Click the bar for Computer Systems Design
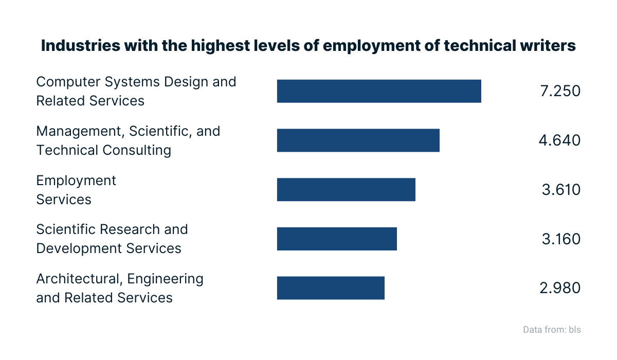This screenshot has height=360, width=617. pos(379,91)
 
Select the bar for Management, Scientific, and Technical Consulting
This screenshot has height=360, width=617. pos(358,140)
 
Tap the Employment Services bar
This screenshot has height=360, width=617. pos(346,190)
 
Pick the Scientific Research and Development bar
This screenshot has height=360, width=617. pos(337,239)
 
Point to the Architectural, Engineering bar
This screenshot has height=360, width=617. pos(331,288)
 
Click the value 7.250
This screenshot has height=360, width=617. pos(560,91)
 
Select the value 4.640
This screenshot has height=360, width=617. pos(560,140)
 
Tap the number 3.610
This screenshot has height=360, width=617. pos(561,190)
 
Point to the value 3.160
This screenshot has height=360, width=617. pos(561,239)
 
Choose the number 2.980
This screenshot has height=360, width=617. pos(560,288)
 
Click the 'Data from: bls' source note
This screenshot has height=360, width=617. pos(552,330)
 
